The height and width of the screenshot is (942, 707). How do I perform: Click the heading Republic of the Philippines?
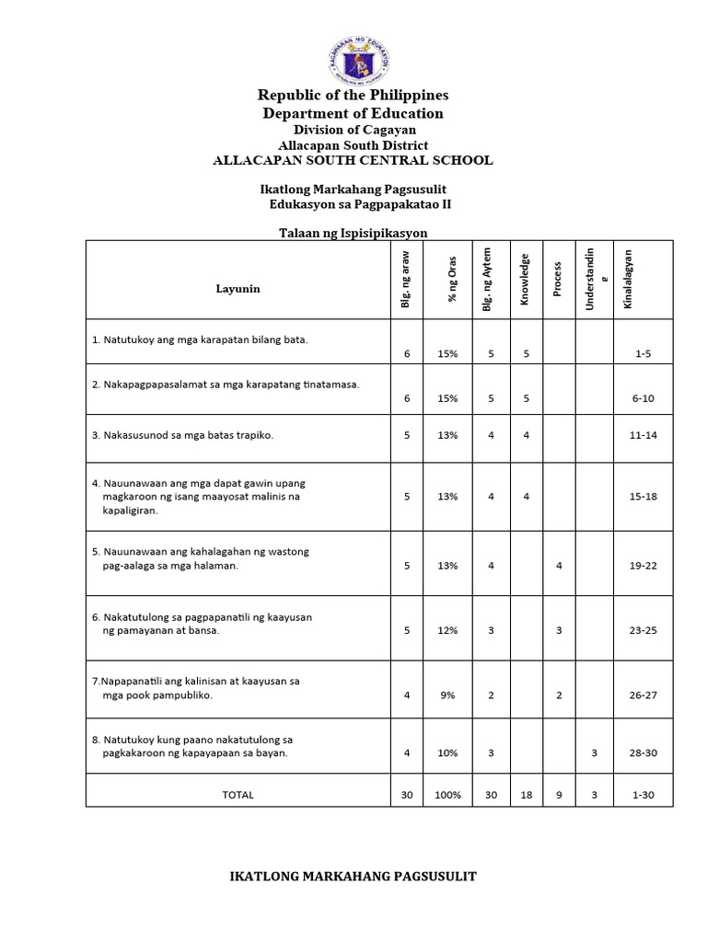[353, 95]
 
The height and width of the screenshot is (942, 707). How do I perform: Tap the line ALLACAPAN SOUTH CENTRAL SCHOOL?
[353, 160]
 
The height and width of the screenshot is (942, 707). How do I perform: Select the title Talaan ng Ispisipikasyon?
[353, 234]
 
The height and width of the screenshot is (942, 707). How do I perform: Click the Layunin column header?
[238, 289]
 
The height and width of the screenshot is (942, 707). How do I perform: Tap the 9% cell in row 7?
[447, 695]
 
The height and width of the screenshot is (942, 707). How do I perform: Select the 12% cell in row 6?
[447, 631]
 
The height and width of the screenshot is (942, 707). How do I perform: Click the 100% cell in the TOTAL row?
[447, 795]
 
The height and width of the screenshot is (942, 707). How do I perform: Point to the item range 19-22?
[643, 567]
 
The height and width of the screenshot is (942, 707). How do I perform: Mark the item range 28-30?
[643, 753]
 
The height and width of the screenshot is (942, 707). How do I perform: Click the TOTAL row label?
[238, 795]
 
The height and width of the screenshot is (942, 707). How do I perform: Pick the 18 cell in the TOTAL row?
[526, 795]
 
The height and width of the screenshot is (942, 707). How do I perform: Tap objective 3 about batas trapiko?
[183, 434]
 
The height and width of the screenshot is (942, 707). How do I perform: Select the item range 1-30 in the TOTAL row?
[643, 795]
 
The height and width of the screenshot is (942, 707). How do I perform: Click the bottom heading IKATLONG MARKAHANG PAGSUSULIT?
[353, 877]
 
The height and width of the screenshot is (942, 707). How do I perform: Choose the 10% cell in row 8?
[447, 753]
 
